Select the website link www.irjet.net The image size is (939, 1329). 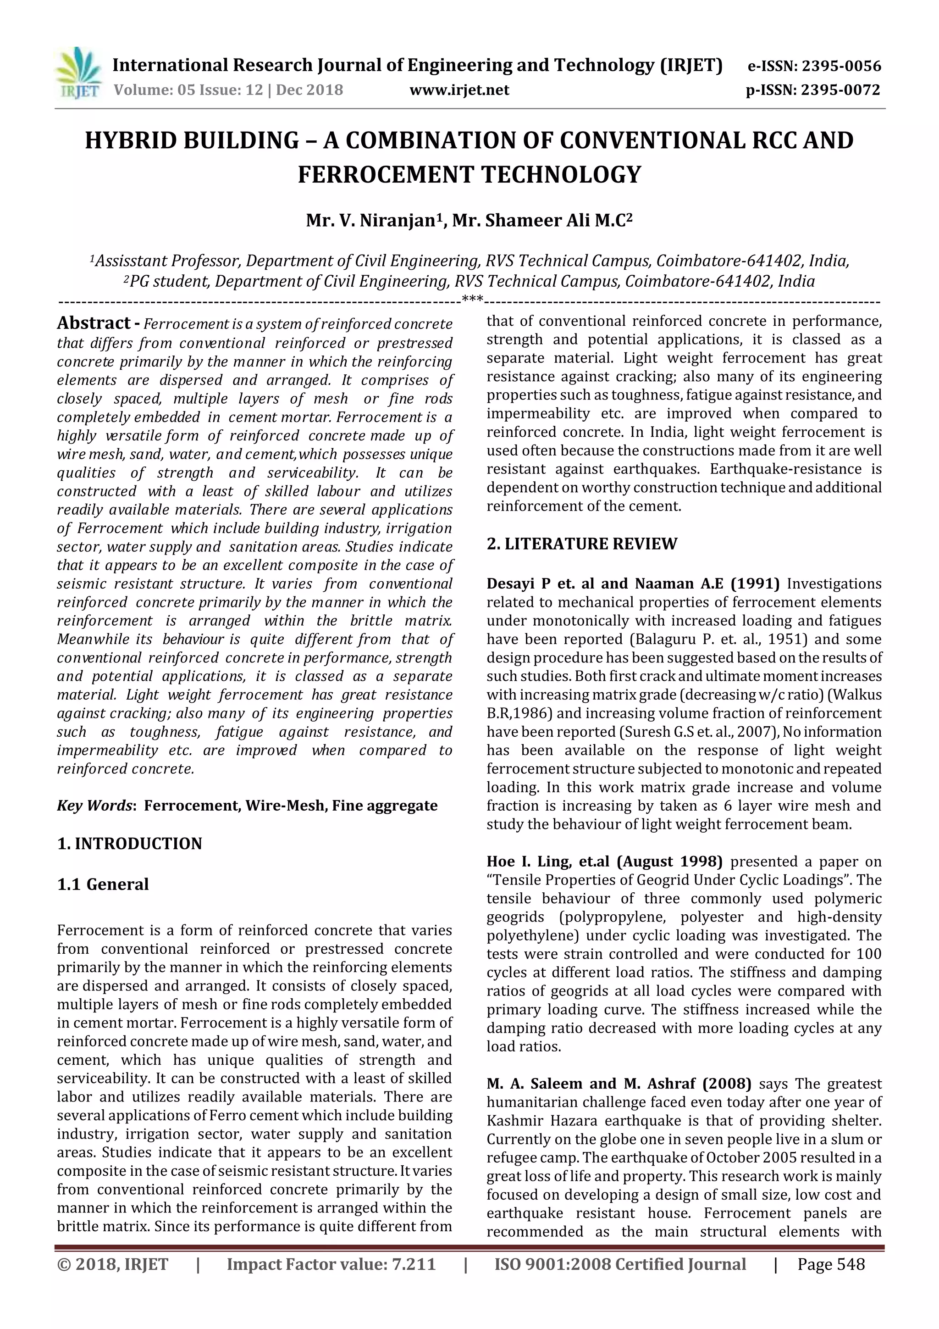click(459, 90)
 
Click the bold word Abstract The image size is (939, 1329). click(94, 323)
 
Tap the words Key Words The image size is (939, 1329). click(95, 806)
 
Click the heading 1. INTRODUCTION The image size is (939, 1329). click(130, 843)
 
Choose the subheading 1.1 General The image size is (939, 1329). click(103, 884)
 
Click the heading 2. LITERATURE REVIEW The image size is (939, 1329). click(581, 544)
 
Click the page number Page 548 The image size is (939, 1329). click(831, 1264)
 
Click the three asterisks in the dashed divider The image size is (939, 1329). click(473, 299)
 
